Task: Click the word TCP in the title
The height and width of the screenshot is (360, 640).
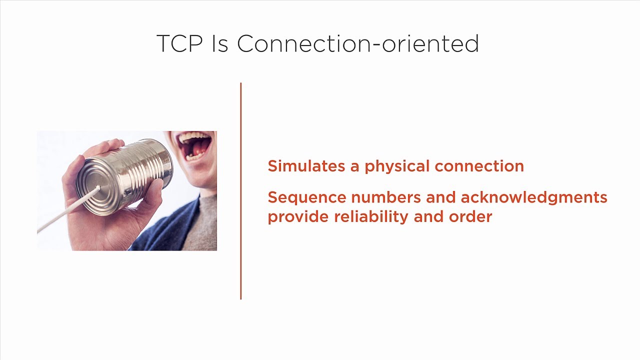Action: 179,44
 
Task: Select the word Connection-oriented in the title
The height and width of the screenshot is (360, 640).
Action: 358,44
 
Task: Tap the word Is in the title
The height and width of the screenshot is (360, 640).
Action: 219,44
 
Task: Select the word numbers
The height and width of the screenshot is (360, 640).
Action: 386,197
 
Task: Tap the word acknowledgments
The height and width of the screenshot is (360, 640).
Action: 533,198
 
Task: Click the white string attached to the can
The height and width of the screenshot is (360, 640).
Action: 65,212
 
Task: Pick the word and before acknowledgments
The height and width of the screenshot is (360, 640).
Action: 441,197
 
